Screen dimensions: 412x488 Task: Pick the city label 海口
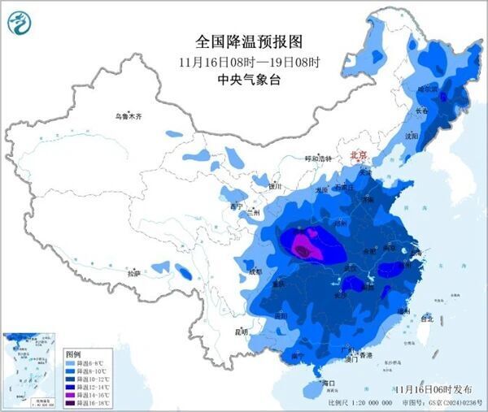[x=329, y=381]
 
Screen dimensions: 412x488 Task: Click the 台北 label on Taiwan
[x=425, y=318]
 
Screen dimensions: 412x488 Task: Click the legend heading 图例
[x=72, y=354]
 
